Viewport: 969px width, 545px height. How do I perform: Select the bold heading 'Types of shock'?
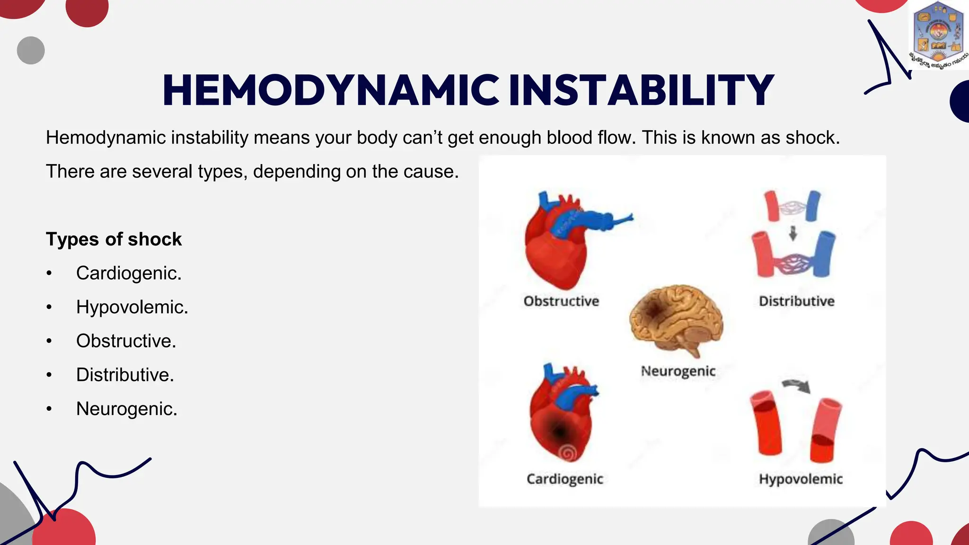114,239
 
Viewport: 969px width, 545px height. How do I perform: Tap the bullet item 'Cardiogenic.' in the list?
129,273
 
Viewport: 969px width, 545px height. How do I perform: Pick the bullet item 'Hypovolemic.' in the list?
132,308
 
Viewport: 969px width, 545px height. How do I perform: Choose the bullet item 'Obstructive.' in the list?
126,341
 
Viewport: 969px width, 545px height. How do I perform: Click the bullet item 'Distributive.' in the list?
125,375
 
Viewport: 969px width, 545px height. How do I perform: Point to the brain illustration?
677,320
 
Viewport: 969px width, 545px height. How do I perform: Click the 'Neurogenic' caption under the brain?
678,371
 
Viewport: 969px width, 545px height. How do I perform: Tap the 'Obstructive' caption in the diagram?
561,301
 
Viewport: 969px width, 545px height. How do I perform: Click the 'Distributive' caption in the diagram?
796,301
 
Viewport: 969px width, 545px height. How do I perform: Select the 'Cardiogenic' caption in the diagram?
565,479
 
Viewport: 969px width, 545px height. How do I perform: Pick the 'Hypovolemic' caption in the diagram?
801,479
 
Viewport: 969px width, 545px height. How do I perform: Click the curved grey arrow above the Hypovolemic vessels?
797,386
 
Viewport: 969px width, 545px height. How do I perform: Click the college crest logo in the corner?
938,35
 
